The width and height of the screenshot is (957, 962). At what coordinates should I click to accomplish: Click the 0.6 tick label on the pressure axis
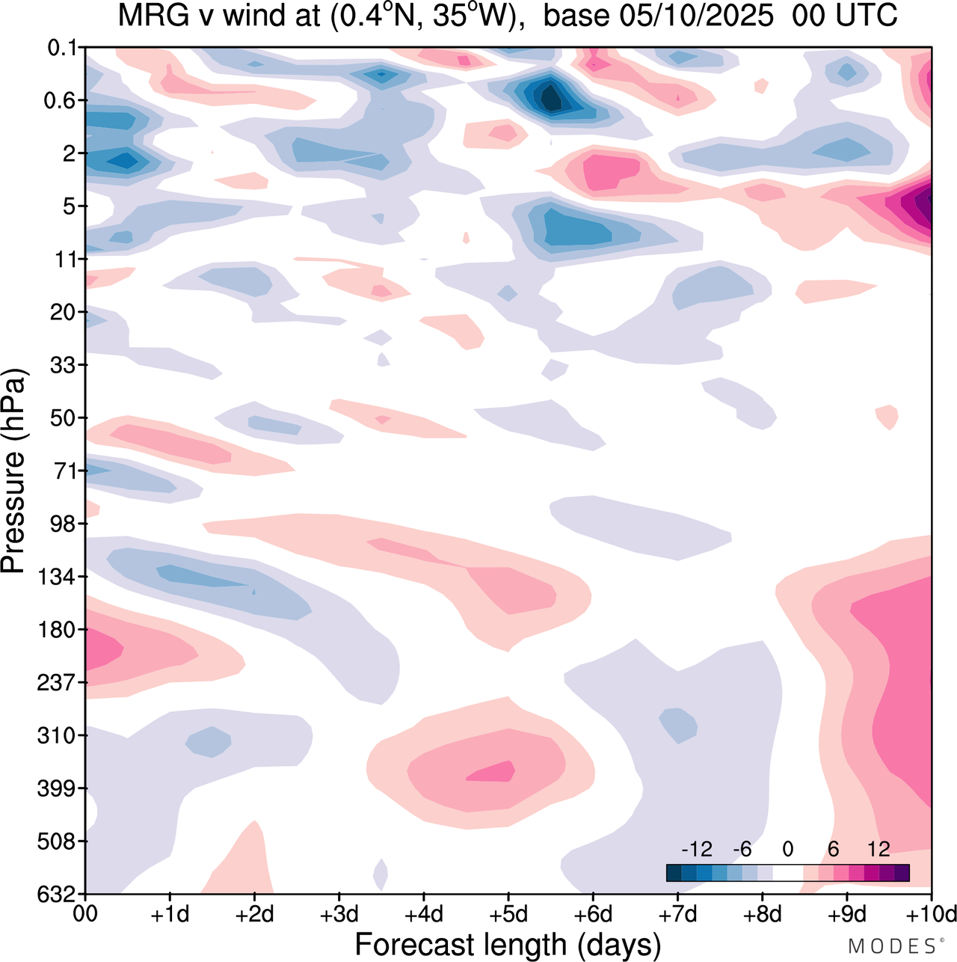point(65,101)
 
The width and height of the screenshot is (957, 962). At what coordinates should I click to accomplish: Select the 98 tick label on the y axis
point(65,524)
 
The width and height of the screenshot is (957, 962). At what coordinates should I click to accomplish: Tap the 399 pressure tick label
point(58,788)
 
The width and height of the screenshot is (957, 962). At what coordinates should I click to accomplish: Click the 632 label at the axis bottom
point(58,894)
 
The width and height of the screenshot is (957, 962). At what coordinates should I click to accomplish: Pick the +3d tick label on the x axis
point(339,914)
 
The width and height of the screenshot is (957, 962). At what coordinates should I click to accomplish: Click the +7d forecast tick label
point(678,914)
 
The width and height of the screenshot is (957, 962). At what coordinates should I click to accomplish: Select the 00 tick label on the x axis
point(86,914)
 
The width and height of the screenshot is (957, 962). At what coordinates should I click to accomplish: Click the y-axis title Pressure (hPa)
point(14,471)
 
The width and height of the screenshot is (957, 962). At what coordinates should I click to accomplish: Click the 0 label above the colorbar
point(787,849)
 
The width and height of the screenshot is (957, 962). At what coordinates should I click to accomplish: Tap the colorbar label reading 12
point(878,849)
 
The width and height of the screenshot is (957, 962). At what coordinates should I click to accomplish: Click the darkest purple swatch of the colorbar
point(902,872)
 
